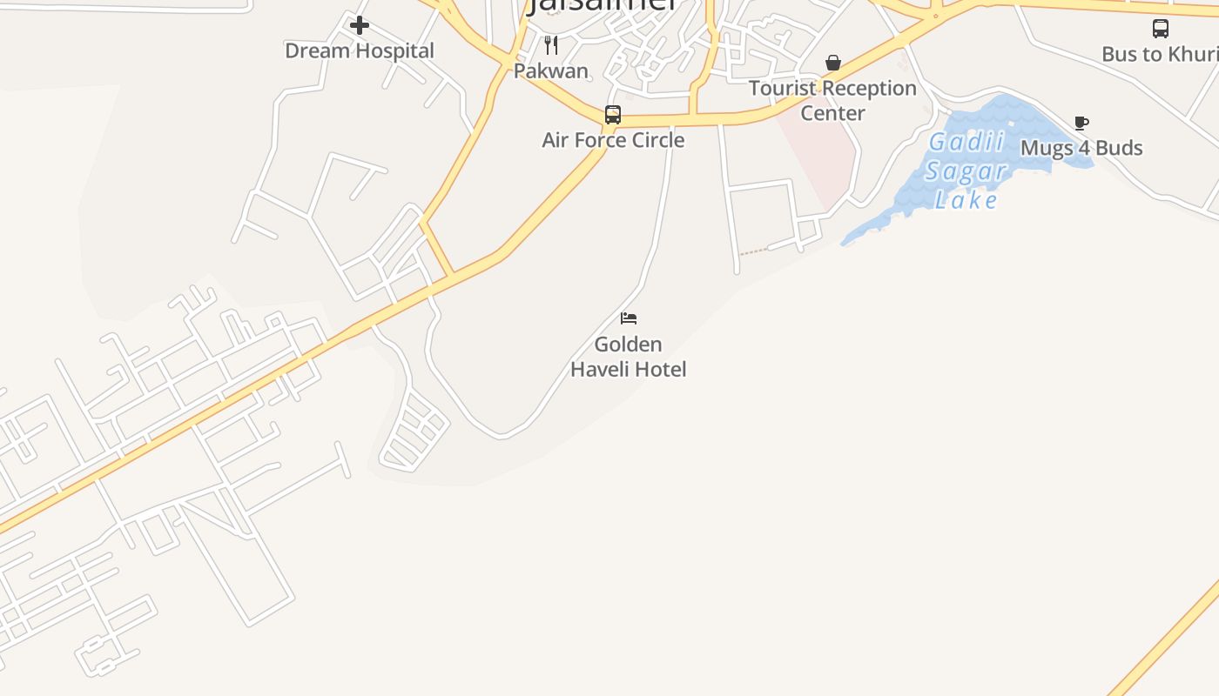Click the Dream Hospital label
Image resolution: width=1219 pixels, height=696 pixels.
[x=359, y=50]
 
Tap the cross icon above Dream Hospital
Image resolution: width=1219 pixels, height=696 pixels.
[x=359, y=25]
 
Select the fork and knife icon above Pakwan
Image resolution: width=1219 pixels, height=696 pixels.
[x=551, y=44]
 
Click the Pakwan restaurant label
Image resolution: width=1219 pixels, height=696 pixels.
[x=551, y=70]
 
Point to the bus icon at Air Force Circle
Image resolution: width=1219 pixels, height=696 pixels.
[x=613, y=115]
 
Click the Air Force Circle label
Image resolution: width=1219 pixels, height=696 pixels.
[x=613, y=140]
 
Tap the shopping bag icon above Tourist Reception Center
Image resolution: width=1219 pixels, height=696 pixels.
[x=833, y=63]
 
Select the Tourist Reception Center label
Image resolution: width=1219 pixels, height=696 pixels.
[x=832, y=100]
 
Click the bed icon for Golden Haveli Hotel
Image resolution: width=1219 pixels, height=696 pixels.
[x=629, y=318]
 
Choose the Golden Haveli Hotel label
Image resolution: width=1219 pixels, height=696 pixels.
[x=628, y=357]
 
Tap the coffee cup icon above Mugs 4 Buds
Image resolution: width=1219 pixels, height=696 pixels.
[x=1081, y=123]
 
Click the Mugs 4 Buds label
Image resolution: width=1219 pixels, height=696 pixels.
[x=1081, y=148]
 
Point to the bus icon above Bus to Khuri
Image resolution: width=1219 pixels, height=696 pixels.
[x=1161, y=29]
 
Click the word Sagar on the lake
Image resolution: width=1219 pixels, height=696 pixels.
[x=966, y=171]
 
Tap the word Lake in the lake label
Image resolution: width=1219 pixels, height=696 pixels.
[x=966, y=200]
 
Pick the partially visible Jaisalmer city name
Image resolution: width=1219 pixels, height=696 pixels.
[x=602, y=5]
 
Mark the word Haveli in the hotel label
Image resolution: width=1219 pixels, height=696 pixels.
[x=603, y=370]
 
